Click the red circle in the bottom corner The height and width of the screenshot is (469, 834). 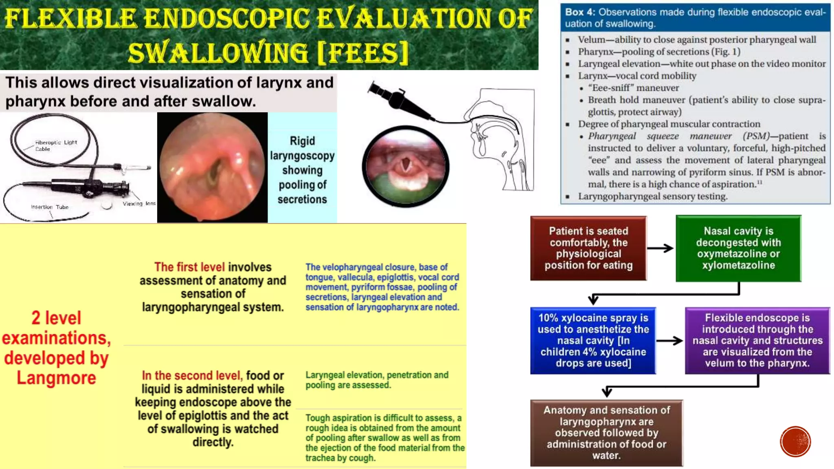point(795,442)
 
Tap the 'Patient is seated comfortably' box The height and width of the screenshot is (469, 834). point(588,248)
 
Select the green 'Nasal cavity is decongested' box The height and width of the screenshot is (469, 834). point(738,248)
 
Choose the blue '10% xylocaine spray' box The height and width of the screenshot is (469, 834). point(593,340)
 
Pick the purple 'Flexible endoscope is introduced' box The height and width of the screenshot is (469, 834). point(757,340)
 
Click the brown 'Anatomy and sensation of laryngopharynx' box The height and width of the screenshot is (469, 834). point(606,433)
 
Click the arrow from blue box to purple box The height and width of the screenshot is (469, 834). point(670,341)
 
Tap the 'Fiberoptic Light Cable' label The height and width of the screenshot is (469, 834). point(56,145)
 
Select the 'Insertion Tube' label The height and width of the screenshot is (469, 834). point(50,207)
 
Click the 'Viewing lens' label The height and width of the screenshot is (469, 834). point(139,204)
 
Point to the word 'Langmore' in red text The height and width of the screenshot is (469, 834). point(56,378)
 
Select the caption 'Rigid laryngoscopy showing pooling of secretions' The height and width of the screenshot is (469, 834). point(302,170)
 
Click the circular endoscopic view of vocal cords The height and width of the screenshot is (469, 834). point(405,167)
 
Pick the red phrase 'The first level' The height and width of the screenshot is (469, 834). point(189,267)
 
